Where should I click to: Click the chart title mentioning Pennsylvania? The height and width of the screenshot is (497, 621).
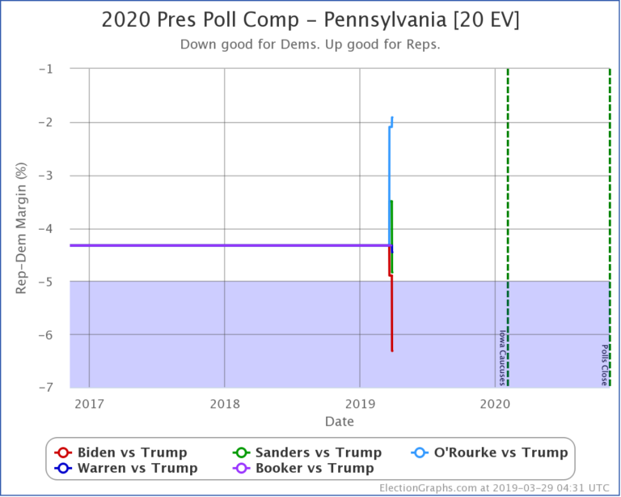[x=310, y=20]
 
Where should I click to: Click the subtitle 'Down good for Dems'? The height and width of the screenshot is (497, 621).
[x=310, y=45]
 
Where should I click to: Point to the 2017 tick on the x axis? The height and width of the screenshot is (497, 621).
[x=89, y=405]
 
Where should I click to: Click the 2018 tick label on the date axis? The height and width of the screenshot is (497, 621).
[x=224, y=405]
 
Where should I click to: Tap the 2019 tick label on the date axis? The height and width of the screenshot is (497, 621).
[x=360, y=405]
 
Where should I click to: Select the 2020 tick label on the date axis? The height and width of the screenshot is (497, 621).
[x=495, y=405]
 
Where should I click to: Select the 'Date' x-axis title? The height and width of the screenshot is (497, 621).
[x=340, y=422]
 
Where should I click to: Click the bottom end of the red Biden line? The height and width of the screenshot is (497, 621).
[x=392, y=350]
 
